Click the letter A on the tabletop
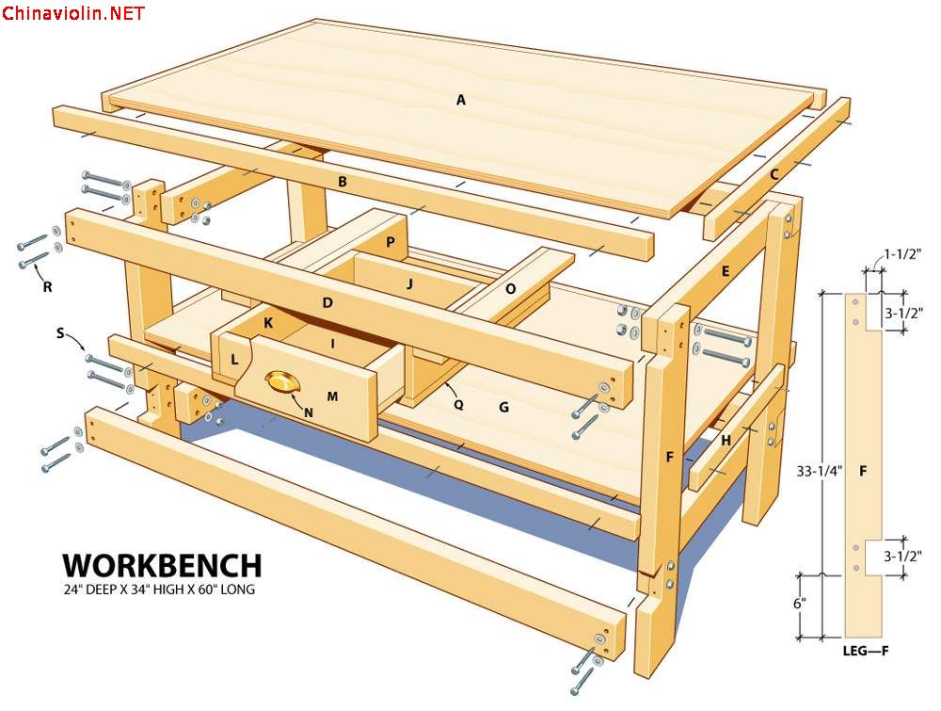461,100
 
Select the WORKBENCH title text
163,566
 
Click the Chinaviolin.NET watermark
73,13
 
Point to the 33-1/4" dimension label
820,471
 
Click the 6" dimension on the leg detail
800,604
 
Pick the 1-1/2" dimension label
902,254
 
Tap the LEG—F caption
866,651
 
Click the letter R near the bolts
47,287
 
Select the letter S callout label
60,333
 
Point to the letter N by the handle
309,413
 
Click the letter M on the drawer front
332,396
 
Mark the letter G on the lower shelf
504,408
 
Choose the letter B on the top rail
343,182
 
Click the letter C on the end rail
774,175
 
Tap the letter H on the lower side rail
726,441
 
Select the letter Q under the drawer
458,405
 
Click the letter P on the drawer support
391,242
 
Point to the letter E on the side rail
726,271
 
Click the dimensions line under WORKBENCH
159,590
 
